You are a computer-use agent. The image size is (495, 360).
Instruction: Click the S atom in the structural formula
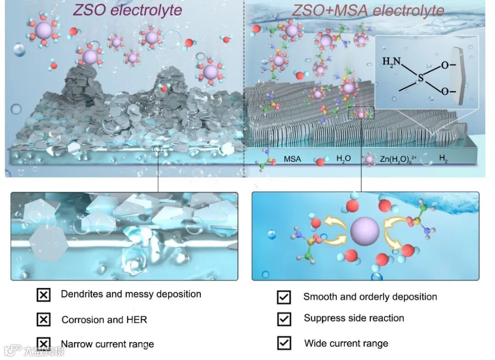pyautogui.click(x=420, y=79)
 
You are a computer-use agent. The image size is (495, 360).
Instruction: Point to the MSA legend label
pyautogui.click(x=292, y=160)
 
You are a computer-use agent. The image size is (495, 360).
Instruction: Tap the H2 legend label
pyautogui.click(x=444, y=159)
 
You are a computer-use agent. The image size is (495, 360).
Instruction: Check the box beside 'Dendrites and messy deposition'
pyautogui.click(x=43, y=295)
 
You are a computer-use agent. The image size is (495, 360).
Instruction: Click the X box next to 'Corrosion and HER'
pyautogui.click(x=43, y=319)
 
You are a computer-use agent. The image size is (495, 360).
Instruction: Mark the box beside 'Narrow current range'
pyautogui.click(x=43, y=343)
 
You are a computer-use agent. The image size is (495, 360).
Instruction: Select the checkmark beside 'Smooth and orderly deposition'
pyautogui.click(x=284, y=297)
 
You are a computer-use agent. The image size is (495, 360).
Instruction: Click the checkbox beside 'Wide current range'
pyautogui.click(x=284, y=343)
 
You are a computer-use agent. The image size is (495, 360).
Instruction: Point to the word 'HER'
pyautogui.click(x=137, y=320)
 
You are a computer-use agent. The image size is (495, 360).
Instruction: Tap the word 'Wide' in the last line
pyautogui.click(x=315, y=343)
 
